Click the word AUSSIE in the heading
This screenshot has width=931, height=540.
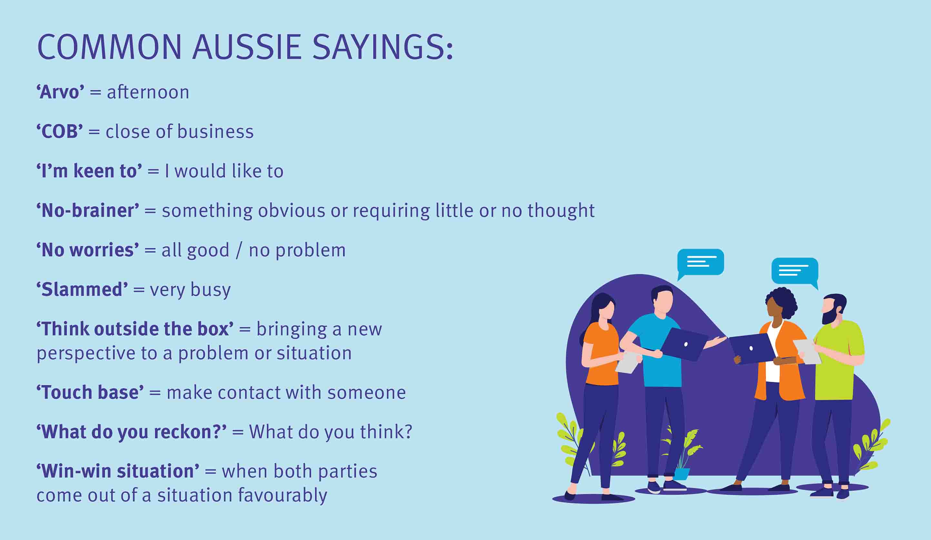[247, 47]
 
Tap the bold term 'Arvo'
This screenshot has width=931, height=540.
[60, 92]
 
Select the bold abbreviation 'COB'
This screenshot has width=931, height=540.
[59, 131]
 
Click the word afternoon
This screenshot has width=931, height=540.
[148, 92]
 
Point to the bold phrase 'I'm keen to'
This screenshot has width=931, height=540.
[89, 171]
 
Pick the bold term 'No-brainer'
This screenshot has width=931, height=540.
[87, 210]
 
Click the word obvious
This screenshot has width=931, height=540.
[292, 210]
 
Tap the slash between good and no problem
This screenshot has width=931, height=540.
[239, 250]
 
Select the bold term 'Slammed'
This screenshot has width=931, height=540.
[82, 289]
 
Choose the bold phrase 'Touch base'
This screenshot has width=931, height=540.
[90, 392]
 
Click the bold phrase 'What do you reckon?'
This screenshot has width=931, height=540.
[132, 432]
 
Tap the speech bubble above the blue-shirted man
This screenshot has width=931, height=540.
[700, 263]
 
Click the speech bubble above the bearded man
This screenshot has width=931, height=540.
[795, 272]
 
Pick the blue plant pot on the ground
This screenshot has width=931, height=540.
[681, 474]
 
